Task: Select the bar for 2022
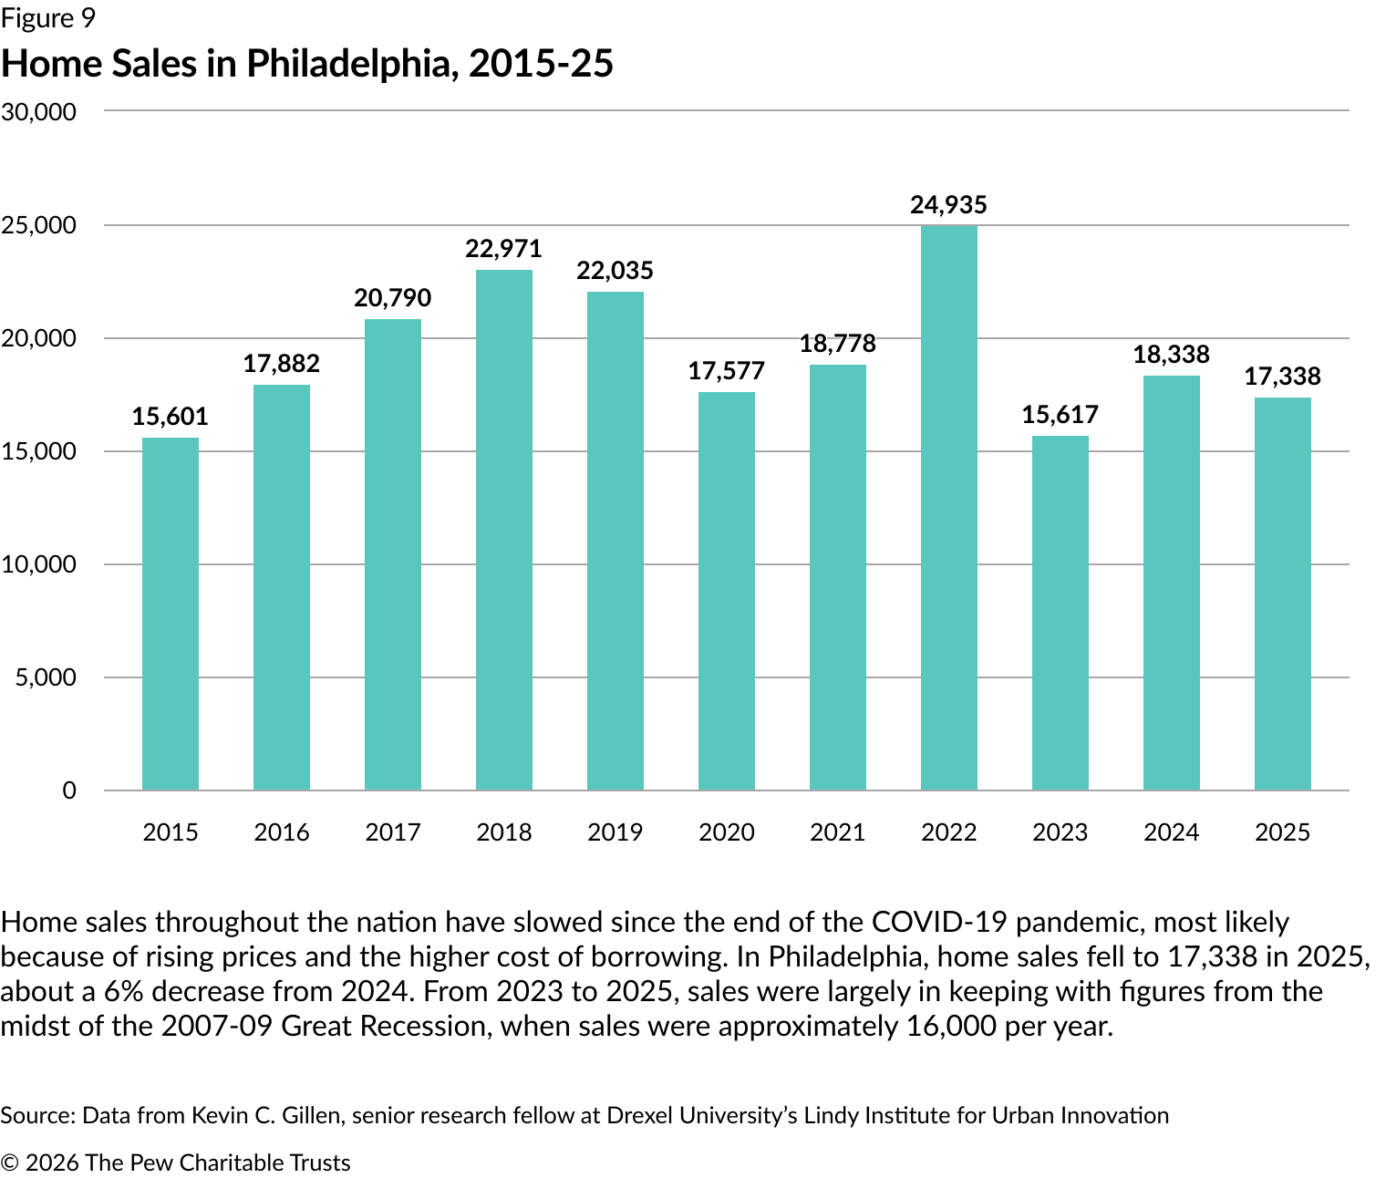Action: click(948, 507)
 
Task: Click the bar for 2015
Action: click(171, 614)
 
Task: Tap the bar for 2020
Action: click(727, 591)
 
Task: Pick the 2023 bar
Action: click(1060, 613)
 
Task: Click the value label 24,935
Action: click(948, 205)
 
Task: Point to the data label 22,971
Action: click(503, 249)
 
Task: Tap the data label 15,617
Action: click(1060, 415)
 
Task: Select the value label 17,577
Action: click(727, 371)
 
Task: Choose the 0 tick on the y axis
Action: click(69, 790)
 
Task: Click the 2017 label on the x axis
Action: click(393, 832)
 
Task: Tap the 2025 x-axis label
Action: click(1282, 832)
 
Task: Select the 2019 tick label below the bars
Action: click(615, 832)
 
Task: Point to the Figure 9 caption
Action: click(47, 18)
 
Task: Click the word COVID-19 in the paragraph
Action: click(939, 923)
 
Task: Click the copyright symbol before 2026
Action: click(10, 1163)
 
